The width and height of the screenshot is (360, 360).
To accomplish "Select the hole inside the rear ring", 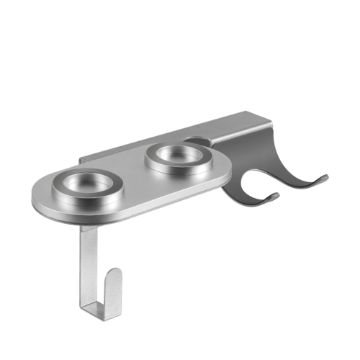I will click(x=177, y=153).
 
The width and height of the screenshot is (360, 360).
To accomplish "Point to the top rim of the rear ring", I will click(x=177, y=145).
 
